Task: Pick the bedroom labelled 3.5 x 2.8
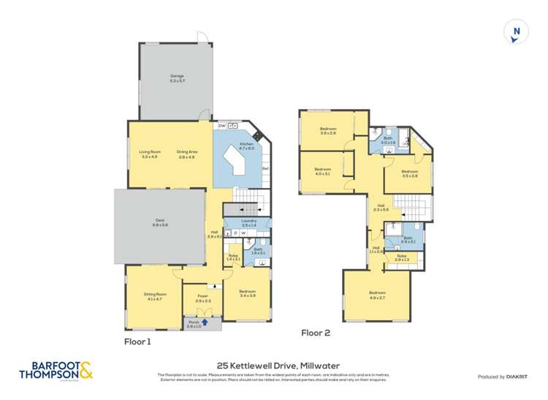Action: [x=410, y=173]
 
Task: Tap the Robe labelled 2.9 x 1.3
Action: [x=402, y=257]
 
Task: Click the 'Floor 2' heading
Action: [x=316, y=333]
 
